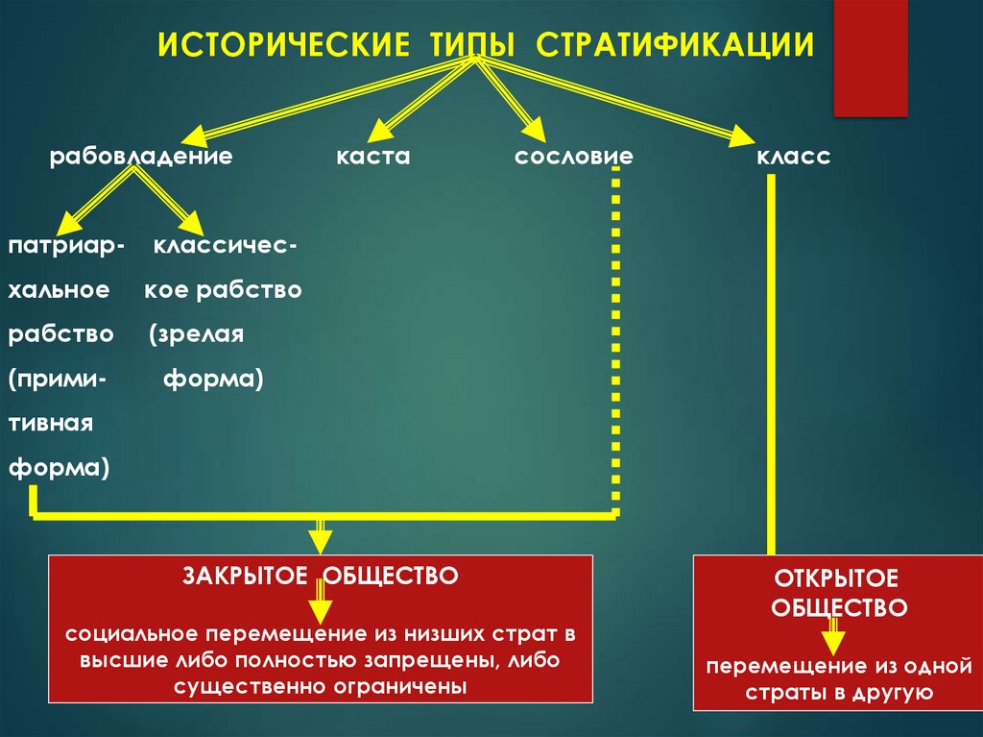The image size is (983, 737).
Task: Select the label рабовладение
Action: point(142,156)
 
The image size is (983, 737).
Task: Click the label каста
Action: point(373,156)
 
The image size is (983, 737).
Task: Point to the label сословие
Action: point(574,156)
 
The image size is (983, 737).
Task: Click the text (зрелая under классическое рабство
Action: point(198,334)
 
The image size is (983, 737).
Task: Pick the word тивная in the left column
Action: point(52,424)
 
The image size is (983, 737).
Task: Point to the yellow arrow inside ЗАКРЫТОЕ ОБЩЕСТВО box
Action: point(321,607)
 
